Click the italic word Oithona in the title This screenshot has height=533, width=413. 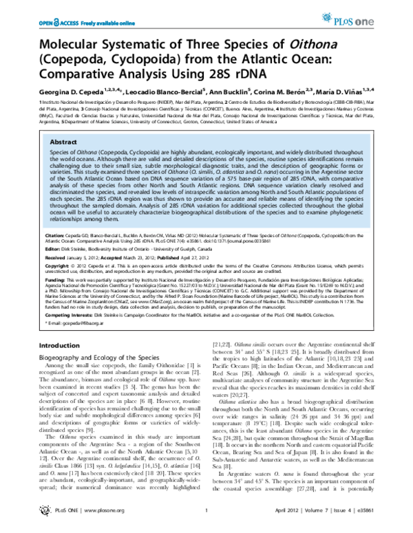(x=296, y=44)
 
